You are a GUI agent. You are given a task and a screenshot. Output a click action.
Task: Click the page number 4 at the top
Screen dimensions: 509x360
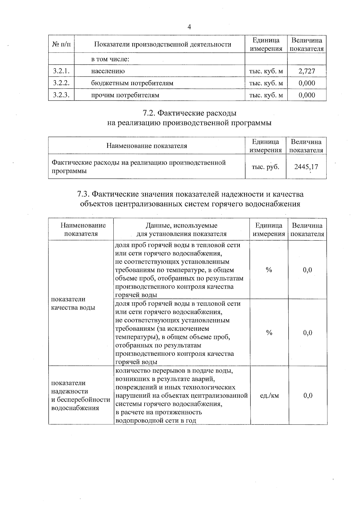pyautogui.click(x=189, y=27)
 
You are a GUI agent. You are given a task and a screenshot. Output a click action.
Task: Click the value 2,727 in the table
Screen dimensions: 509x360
pyautogui.click(x=307, y=71)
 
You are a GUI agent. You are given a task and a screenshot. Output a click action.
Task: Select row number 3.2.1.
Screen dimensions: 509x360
pyautogui.click(x=61, y=71)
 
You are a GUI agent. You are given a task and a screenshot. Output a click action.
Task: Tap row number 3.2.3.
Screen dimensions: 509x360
pyautogui.click(x=61, y=95)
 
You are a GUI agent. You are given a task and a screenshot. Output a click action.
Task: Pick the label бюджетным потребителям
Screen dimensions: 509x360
pyautogui.click(x=132, y=83)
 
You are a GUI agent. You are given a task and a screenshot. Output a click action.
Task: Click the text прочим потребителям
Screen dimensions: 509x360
pyautogui.click(x=125, y=95)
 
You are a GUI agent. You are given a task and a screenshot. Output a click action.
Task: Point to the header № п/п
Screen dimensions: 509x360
pyautogui.click(x=61, y=44)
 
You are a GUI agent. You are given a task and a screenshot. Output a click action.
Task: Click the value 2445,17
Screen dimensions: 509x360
pyautogui.click(x=306, y=167)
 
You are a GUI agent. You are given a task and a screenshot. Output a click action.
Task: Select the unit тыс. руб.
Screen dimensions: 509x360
pyautogui.click(x=265, y=167)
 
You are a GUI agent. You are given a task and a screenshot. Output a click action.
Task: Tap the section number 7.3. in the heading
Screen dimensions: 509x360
pyautogui.click(x=83, y=194)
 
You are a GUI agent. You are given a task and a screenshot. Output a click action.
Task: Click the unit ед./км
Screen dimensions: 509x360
pyautogui.click(x=269, y=396)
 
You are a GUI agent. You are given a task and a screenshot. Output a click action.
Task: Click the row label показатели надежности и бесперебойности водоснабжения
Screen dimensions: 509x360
pyautogui.click(x=80, y=395)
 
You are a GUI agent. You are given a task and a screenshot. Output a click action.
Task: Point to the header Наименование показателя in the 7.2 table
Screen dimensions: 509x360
pyautogui.click(x=147, y=146)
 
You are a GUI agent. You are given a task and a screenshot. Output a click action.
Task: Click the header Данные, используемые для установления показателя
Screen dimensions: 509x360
pyautogui.click(x=181, y=229)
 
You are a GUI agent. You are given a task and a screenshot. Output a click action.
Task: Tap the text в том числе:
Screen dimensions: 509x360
pyautogui.click(x=110, y=59)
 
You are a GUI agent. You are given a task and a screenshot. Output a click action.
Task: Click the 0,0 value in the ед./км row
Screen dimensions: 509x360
pyautogui.click(x=307, y=396)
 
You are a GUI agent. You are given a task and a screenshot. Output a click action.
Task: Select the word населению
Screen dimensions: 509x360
pyautogui.click(x=108, y=71)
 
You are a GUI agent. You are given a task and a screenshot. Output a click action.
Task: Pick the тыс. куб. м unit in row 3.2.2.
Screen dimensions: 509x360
pyautogui.click(x=266, y=83)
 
